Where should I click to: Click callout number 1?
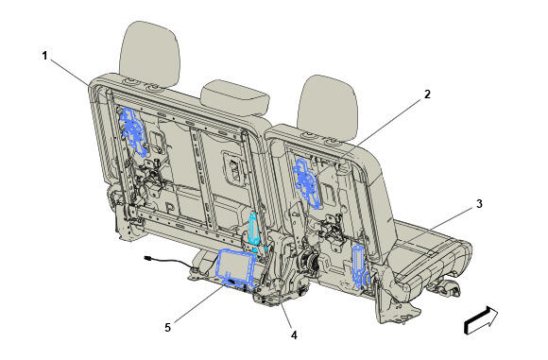click(x=44, y=56)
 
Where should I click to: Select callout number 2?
click(x=427, y=94)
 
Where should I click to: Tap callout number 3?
click(x=479, y=203)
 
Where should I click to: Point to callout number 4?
click(x=294, y=335)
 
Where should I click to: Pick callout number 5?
click(x=168, y=328)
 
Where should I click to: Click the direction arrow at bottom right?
click(x=481, y=319)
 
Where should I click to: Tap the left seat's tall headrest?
click(x=149, y=54)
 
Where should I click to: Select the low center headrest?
click(x=235, y=97)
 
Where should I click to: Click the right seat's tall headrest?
click(x=328, y=109)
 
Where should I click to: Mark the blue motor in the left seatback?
click(x=133, y=131)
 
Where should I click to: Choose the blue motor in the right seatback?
click(x=307, y=182)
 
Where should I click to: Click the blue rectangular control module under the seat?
click(x=237, y=268)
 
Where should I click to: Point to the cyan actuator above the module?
click(x=254, y=230)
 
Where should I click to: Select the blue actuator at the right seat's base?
click(x=360, y=266)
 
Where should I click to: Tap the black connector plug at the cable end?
click(x=148, y=258)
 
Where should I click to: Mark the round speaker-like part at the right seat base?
click(x=308, y=261)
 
